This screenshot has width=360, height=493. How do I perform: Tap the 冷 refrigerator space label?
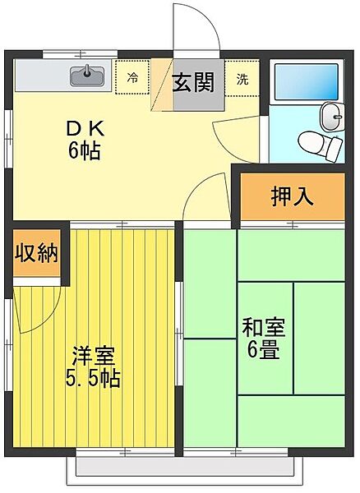(x=132, y=80)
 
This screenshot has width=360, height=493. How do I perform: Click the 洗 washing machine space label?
(x=243, y=80)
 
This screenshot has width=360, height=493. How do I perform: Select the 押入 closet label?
(x=292, y=198)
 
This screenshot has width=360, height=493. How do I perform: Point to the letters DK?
(x=85, y=130)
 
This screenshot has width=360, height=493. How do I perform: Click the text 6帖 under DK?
(x=85, y=152)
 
